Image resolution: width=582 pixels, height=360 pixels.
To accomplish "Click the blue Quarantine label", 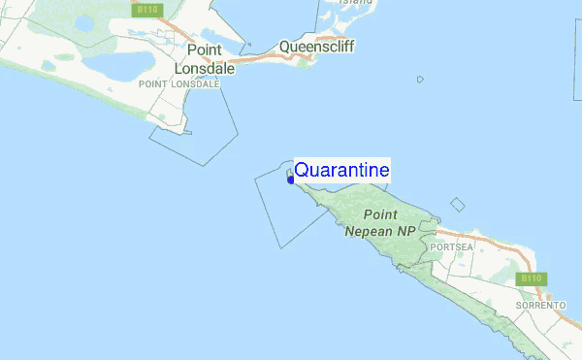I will (341, 170).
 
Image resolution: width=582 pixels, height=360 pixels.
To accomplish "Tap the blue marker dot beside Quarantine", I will (291, 179).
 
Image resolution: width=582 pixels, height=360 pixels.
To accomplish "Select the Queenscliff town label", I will (312, 46).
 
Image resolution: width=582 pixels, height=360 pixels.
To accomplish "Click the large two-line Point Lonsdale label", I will (200, 59).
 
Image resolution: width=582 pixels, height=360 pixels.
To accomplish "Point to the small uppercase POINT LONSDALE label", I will (180, 84).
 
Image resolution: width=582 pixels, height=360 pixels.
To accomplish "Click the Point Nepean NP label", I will (379, 222).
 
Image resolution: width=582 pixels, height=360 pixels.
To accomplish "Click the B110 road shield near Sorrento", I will (530, 279).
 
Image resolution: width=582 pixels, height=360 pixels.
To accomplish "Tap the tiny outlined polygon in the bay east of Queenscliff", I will (420, 80).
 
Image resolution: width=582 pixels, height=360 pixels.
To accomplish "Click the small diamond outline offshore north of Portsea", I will (458, 204).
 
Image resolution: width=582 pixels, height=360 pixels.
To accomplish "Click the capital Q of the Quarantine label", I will (302, 170).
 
